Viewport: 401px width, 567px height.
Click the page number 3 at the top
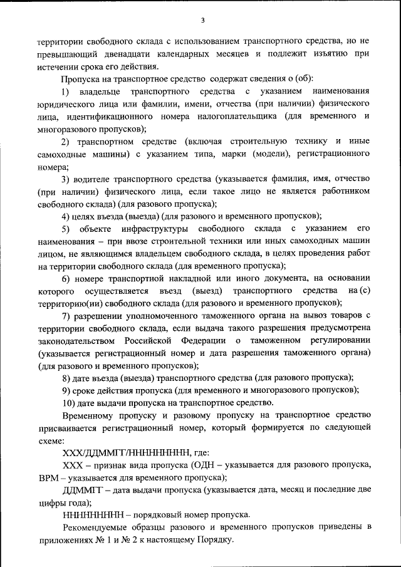(x=202, y=21)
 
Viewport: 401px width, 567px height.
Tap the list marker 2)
(x=68, y=142)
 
